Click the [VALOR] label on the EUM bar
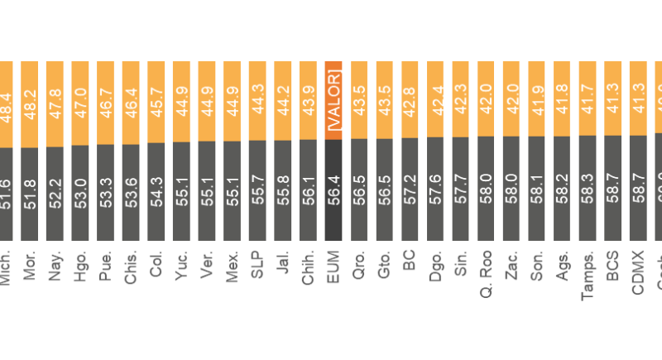(x=333, y=100)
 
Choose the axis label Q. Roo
(x=486, y=272)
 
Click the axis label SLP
(x=257, y=265)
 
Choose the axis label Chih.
(x=309, y=267)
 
